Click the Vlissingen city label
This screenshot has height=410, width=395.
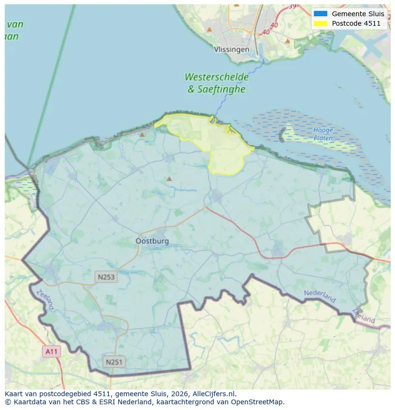pos(231,50)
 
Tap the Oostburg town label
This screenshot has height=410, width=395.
pos(152,241)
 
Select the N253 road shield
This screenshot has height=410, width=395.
pos(106,277)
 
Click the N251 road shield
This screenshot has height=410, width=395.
pos(114,362)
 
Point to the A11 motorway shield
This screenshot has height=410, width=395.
pos(51,351)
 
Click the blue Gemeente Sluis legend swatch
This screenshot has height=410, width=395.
pos(321,14)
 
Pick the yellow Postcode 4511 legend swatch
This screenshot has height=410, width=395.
pos(321,23)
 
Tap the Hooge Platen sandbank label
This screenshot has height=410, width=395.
pos(323,134)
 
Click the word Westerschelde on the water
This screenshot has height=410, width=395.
pos(217,77)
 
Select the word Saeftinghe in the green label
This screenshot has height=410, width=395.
pos(222,89)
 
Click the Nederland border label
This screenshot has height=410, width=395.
pos(320,296)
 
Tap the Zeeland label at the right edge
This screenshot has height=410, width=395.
pos(364,316)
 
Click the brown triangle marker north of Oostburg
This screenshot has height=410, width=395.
pos(169,179)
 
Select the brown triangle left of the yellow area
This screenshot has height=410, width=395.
pos(142,135)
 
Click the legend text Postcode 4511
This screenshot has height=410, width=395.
pos(359,23)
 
